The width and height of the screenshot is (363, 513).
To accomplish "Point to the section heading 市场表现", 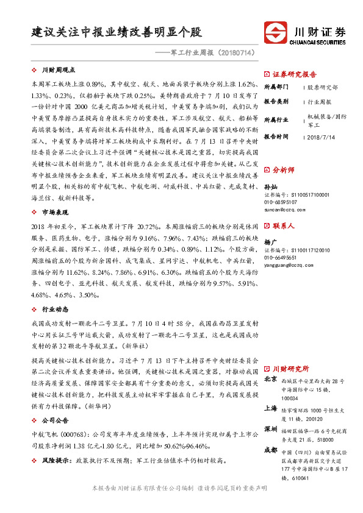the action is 56,212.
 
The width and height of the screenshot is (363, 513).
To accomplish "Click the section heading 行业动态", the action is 56,310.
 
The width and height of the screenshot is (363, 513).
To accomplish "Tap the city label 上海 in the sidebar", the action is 270,409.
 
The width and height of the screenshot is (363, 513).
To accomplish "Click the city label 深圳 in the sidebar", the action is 270,430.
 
